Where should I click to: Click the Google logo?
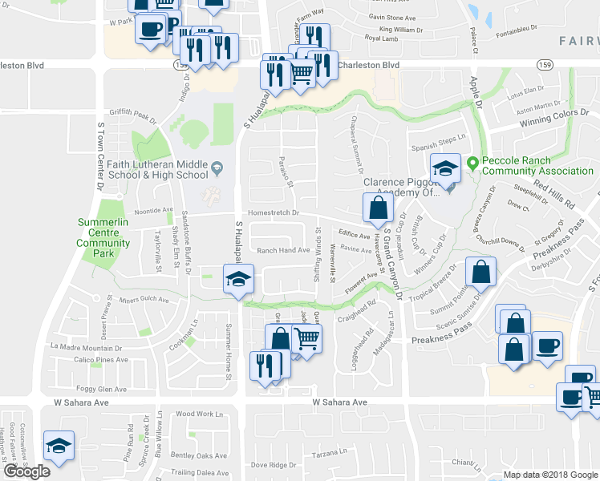click(26, 471)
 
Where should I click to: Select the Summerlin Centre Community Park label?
click(104, 237)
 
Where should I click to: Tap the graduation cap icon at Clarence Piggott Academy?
click(445, 169)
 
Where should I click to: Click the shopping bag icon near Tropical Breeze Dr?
click(480, 273)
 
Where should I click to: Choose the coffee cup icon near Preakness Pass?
click(548, 347)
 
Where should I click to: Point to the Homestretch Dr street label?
click(274, 212)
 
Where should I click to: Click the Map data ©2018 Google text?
click(549, 475)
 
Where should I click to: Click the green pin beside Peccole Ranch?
click(473, 164)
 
